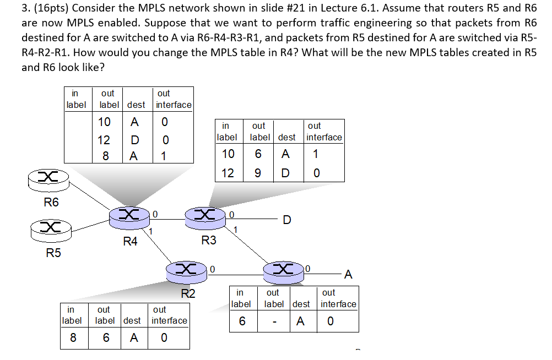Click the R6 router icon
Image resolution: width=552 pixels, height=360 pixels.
[48, 177]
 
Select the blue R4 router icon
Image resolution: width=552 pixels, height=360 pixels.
[129, 216]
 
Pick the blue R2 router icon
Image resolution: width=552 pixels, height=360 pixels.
[187, 270]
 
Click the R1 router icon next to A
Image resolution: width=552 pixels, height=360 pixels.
[285, 270]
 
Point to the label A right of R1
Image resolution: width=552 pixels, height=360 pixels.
[348, 274]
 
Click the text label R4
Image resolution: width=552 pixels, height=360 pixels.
[130, 241]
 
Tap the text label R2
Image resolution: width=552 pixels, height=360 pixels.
[188, 293]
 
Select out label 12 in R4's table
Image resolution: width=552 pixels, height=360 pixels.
[104, 140]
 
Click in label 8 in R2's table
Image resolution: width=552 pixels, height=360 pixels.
[73, 338]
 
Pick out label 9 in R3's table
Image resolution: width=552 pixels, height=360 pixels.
[258, 172]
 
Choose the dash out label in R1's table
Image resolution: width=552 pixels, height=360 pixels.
[273, 321]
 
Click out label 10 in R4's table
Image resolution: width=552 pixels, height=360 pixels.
[104, 122]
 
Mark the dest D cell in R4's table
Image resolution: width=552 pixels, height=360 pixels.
[133, 140]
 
